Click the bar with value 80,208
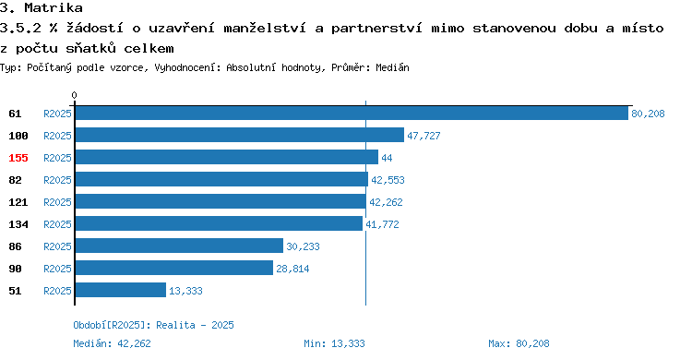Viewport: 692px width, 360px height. click(x=352, y=114)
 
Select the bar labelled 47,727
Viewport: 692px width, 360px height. click(x=240, y=135)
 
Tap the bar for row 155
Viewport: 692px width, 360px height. click(x=227, y=157)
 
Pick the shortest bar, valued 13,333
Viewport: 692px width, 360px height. click(x=121, y=290)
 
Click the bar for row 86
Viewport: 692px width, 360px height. click(x=179, y=246)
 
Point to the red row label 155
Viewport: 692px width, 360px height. click(x=18, y=158)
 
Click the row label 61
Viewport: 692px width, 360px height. click(x=15, y=114)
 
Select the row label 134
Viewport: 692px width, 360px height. click(x=18, y=224)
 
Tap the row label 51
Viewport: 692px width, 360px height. click(x=15, y=291)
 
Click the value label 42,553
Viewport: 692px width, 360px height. click(x=388, y=180)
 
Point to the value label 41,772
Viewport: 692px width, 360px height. click(x=382, y=224)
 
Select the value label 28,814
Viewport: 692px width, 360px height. click(x=292, y=269)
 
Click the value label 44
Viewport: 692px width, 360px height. click(x=387, y=158)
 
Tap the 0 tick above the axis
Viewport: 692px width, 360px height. click(x=74, y=95)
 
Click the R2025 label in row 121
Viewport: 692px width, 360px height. click(x=57, y=202)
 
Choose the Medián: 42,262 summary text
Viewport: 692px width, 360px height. click(x=112, y=343)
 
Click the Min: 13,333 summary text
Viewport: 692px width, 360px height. click(x=334, y=343)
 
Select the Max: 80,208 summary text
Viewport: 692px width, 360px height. click(x=519, y=343)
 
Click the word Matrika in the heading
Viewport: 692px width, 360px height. click(x=54, y=8)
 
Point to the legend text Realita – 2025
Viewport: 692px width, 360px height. click(x=195, y=325)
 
